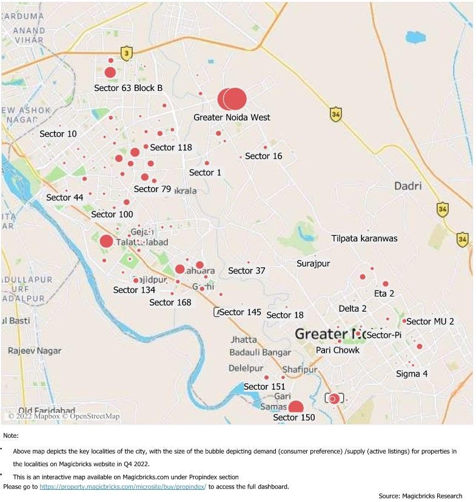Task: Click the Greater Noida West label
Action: (x=232, y=117)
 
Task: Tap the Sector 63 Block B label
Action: (x=128, y=88)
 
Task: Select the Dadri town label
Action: (x=407, y=186)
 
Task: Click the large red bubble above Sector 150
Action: (x=295, y=407)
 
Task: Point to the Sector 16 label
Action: (x=263, y=156)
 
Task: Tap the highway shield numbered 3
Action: (x=126, y=53)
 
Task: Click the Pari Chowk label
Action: (x=337, y=350)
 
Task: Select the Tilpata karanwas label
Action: (x=364, y=238)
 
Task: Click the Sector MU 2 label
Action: (x=430, y=321)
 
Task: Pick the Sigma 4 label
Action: (x=411, y=373)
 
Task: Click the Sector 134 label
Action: (x=134, y=290)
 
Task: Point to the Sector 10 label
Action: (x=58, y=133)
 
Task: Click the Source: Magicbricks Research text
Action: (x=420, y=496)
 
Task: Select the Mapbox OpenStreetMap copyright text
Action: (x=64, y=416)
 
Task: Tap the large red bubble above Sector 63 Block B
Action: (x=110, y=73)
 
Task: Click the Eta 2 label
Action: (x=384, y=293)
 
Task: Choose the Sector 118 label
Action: (x=171, y=147)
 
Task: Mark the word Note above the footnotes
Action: (x=10, y=435)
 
